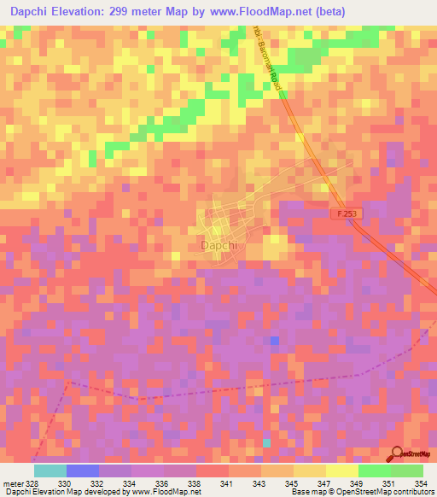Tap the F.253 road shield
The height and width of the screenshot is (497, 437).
tap(344, 216)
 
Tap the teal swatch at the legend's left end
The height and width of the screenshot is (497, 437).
tap(50, 471)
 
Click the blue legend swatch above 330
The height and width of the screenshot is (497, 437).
tap(83, 471)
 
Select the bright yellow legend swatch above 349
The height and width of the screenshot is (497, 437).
tap(342, 471)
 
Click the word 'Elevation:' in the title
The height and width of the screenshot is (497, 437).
tap(95, 11)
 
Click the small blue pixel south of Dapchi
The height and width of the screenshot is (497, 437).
tap(274, 341)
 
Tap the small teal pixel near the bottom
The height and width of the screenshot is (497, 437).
tap(266, 441)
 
